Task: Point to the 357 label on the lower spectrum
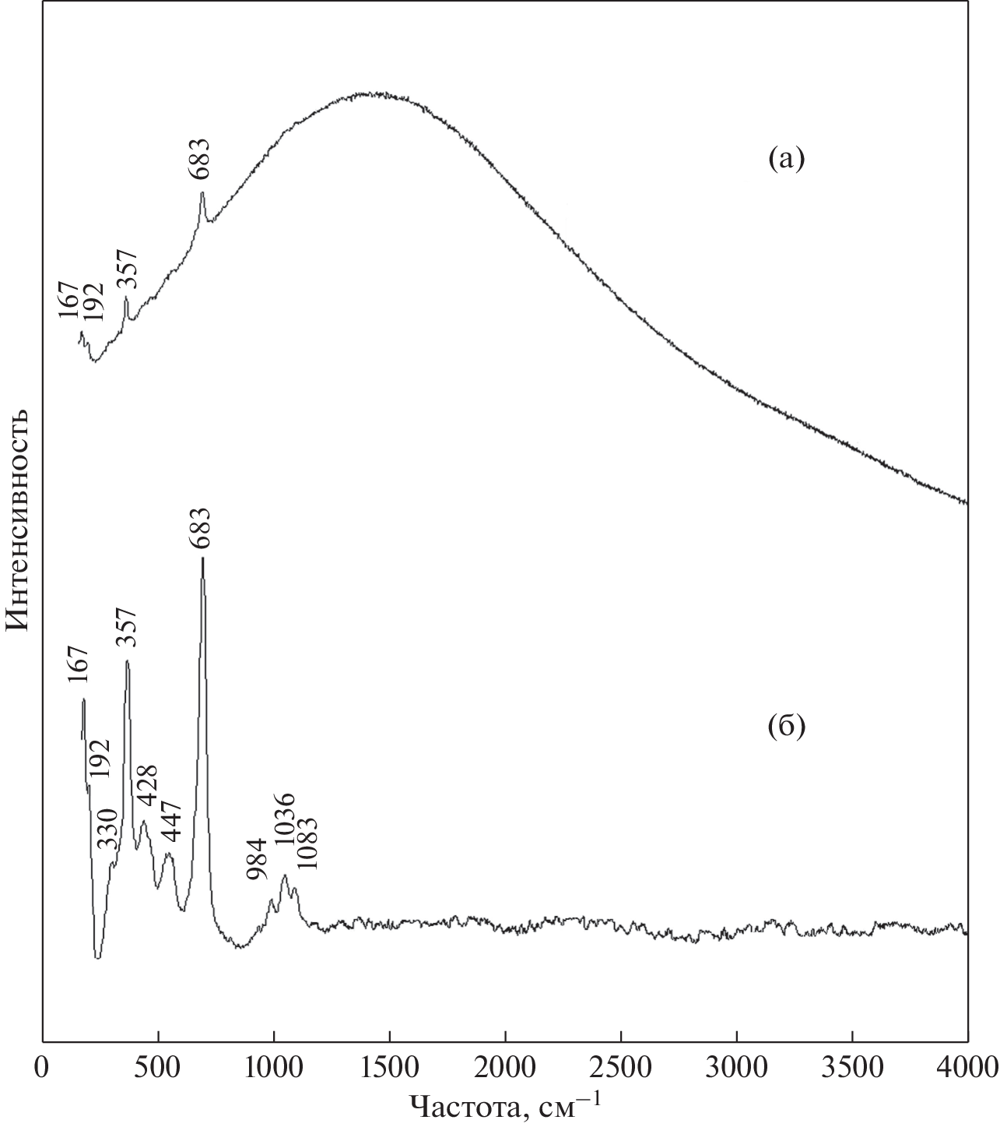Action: click(126, 629)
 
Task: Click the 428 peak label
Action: click(148, 787)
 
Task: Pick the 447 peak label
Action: click(171, 821)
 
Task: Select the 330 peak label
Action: click(107, 829)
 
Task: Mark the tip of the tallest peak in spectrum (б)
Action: click(202, 558)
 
